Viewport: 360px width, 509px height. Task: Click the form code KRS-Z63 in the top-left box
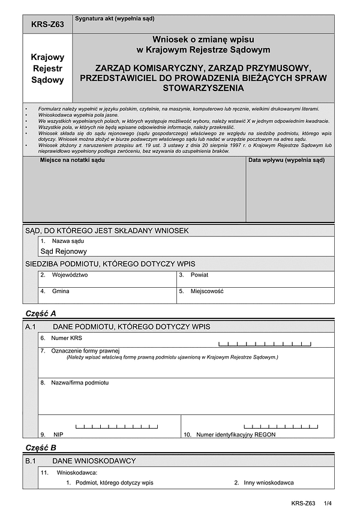point(47,25)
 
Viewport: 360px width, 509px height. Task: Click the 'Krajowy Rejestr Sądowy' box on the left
point(47,68)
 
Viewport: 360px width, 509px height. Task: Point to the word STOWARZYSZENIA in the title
point(203,88)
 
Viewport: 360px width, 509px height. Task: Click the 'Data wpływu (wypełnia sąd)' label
point(286,161)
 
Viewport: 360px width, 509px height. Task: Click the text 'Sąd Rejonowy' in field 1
point(64,251)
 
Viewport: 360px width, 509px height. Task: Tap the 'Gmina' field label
point(61,291)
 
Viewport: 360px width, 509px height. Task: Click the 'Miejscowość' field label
point(207,291)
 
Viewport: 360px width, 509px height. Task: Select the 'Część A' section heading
point(41,314)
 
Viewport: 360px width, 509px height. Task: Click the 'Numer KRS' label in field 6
point(67,338)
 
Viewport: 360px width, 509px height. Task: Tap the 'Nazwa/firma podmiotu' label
point(80,382)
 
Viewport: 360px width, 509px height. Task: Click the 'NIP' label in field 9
point(58,434)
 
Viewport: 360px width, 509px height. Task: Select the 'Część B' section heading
point(41,448)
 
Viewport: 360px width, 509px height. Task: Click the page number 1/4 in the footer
point(327,502)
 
